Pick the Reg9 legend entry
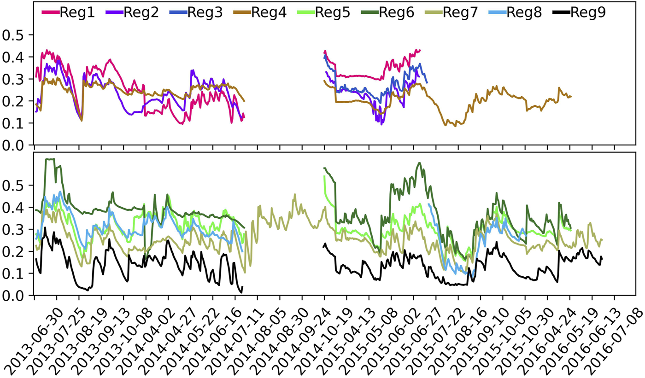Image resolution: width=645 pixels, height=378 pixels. pyautogui.click(x=587, y=12)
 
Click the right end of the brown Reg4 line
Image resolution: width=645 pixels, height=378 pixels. pyautogui.click(x=571, y=96)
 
